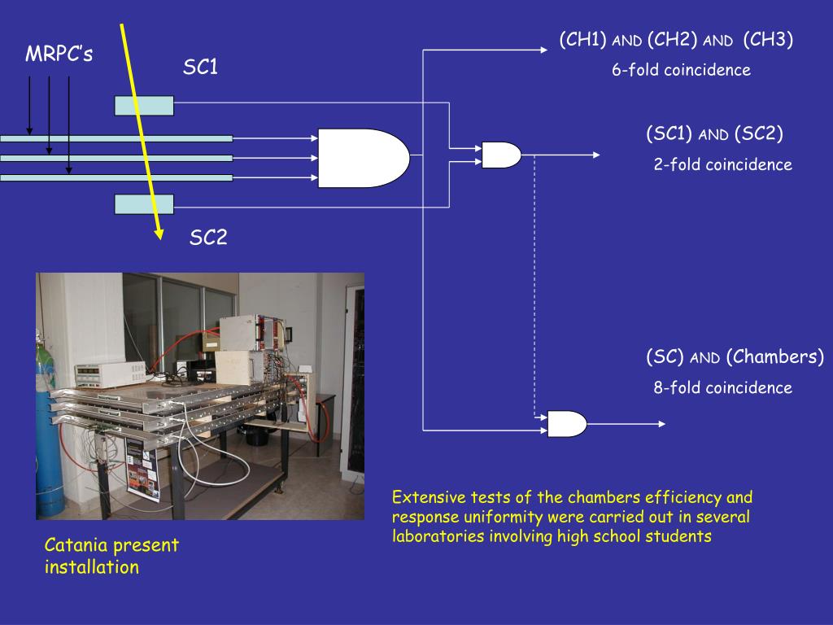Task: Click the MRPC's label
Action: pyautogui.click(x=59, y=54)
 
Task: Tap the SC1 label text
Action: pyautogui.click(x=200, y=67)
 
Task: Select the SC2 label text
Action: pyautogui.click(x=208, y=237)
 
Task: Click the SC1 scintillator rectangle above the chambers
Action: pyautogui.click(x=144, y=106)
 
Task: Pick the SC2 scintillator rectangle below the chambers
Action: pyautogui.click(x=144, y=204)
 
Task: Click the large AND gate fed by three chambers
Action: pyautogui.click(x=364, y=158)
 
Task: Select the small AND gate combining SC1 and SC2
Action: pyautogui.click(x=501, y=155)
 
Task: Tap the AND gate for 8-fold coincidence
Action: pyautogui.click(x=567, y=424)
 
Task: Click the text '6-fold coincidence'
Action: pyautogui.click(x=681, y=70)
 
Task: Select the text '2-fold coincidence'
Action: pyautogui.click(x=722, y=164)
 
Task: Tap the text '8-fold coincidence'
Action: pyautogui.click(x=722, y=387)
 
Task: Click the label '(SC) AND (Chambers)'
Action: pyautogui.click(x=735, y=356)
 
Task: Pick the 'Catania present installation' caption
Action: pyautogui.click(x=111, y=556)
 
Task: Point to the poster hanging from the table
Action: pyautogui.click(x=142, y=469)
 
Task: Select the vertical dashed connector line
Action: pyautogui.click(x=534, y=286)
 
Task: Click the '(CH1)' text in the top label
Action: pyautogui.click(x=582, y=40)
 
